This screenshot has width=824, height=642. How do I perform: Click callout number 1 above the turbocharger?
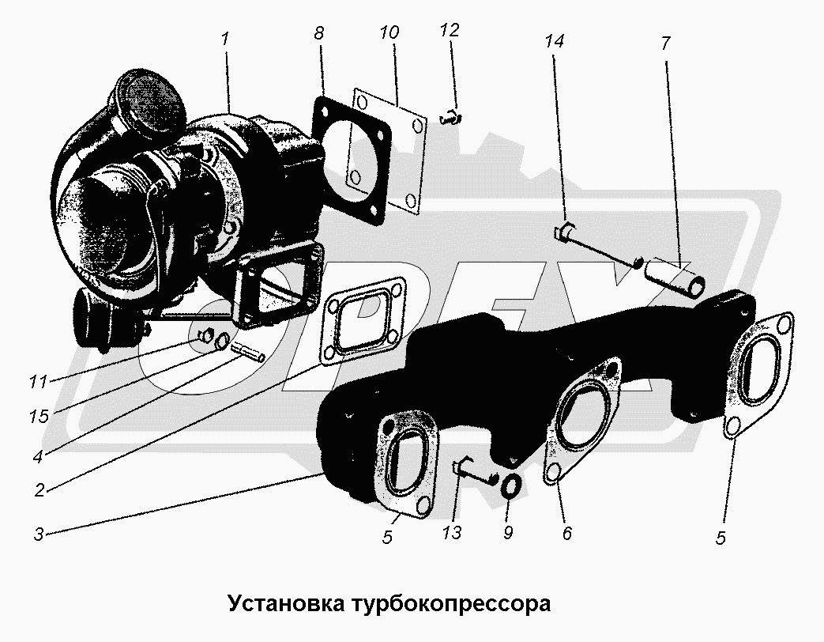click(x=225, y=39)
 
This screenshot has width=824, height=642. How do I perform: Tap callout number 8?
click(x=319, y=33)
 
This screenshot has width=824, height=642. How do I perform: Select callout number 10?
click(x=389, y=32)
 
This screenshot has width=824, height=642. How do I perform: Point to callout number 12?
click(x=450, y=30)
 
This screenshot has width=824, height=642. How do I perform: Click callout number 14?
click(x=554, y=40)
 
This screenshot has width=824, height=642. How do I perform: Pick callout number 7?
click(x=665, y=43)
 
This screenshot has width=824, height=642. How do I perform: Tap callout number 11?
click(x=39, y=381)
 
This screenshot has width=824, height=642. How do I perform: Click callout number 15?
click(x=39, y=417)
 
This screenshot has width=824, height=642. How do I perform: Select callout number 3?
click(x=39, y=534)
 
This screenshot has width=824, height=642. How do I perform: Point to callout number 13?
click(x=452, y=533)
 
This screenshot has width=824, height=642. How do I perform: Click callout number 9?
click(x=508, y=533)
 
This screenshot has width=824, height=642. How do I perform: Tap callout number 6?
click(x=566, y=533)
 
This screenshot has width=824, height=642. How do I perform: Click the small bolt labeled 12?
click(x=451, y=119)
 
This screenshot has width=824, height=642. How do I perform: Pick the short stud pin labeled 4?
click(x=247, y=351)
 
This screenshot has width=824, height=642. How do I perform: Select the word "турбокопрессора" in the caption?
click(x=451, y=604)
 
